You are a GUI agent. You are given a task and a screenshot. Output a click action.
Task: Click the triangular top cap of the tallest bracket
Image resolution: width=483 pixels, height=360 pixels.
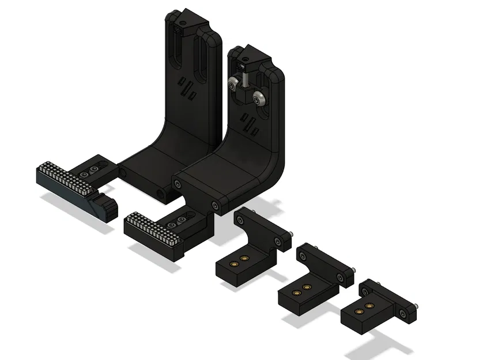tap(186, 17)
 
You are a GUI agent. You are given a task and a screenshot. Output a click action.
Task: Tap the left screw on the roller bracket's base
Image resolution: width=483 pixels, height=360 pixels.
tap(178, 183)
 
